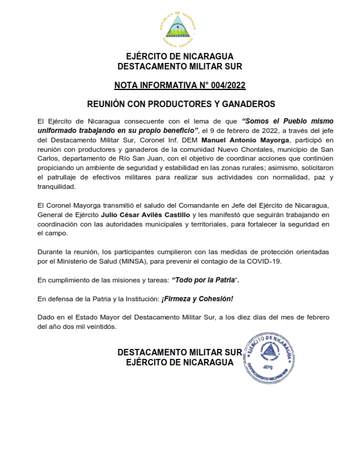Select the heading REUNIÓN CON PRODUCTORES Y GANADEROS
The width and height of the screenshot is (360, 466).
[181, 104]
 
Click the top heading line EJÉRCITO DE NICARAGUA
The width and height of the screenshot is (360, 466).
[180, 56]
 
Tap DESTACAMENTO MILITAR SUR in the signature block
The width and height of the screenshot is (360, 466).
[180, 352]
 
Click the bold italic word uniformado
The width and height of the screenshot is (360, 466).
[58, 129]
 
